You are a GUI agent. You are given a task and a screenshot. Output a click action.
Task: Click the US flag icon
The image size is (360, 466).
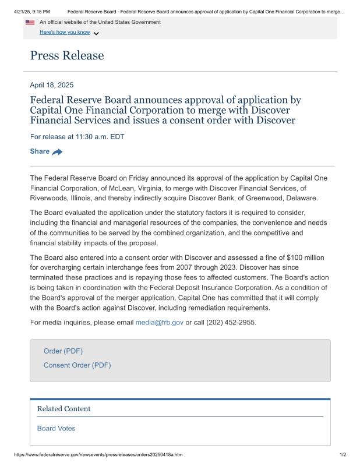click(x=30, y=22)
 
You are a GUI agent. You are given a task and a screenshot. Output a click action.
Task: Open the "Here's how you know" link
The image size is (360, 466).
click(x=65, y=33)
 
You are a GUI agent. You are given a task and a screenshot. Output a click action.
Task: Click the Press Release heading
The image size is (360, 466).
click(x=67, y=56)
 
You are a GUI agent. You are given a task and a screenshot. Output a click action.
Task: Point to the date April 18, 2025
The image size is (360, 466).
click(x=52, y=85)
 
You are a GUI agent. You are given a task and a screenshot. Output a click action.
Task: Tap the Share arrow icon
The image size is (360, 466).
click(x=57, y=152)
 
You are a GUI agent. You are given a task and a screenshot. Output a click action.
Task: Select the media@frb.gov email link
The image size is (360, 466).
click(x=159, y=322)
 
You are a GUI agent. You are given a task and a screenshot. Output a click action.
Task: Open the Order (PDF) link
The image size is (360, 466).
click(x=63, y=351)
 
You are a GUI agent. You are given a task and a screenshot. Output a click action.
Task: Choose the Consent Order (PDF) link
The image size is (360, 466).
click(x=77, y=365)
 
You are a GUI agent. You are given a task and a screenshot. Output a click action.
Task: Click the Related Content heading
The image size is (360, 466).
click(x=64, y=409)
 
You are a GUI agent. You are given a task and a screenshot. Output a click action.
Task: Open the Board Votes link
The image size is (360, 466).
click(x=56, y=429)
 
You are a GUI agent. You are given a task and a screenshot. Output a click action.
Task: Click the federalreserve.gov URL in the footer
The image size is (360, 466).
click(x=98, y=455)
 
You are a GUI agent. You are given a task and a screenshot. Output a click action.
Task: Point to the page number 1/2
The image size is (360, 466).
click(x=343, y=455)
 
